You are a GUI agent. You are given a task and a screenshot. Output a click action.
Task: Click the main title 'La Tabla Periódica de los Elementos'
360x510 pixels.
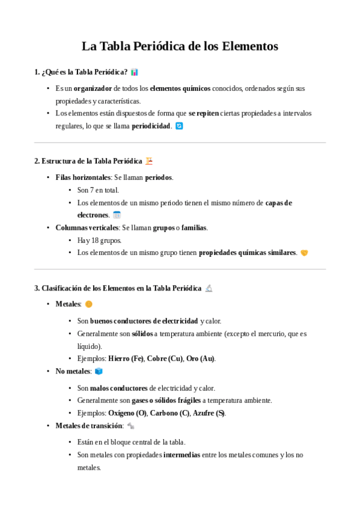click(180, 46)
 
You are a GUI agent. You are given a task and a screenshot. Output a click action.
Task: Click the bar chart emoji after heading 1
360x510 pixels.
click(135, 72)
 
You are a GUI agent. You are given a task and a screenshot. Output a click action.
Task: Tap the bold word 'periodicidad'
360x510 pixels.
click(151, 126)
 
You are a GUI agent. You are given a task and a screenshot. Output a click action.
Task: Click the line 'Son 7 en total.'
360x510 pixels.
click(98, 190)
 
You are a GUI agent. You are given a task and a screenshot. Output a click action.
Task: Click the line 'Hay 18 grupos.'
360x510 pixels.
click(99, 241)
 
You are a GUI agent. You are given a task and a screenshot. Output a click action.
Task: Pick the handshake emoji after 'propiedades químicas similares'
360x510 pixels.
click(304, 253)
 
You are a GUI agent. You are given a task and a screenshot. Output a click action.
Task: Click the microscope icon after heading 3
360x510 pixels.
click(209, 288)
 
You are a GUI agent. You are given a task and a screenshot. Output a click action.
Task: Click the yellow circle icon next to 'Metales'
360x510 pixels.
click(89, 304)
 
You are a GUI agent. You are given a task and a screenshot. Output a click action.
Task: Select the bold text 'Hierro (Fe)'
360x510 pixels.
click(126, 358)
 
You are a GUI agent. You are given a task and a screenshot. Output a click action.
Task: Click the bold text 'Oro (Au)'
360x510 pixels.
click(200, 358)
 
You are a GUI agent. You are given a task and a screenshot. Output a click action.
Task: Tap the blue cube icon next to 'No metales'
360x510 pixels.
click(99, 372)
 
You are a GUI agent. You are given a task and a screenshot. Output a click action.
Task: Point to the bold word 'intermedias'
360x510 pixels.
click(182, 455)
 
